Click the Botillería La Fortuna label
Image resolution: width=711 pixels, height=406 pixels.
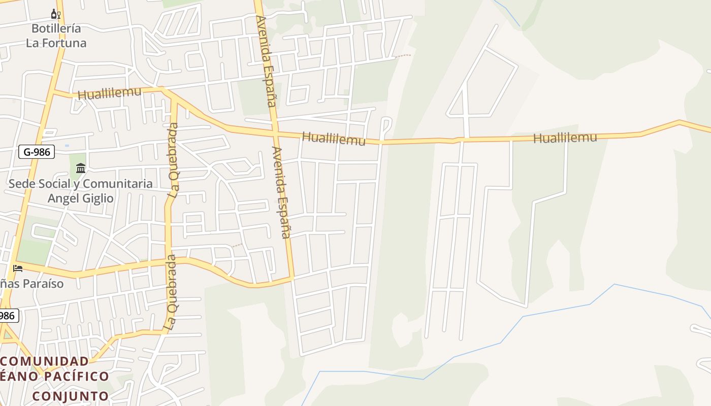tap(56, 36)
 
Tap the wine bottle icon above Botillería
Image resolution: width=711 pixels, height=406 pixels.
tap(55, 14)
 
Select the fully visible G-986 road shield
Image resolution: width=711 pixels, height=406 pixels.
tap(37, 151)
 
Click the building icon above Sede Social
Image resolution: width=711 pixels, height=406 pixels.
tap(81, 167)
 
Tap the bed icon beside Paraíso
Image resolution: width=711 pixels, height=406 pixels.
tap(18, 268)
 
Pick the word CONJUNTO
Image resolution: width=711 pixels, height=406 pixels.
tap(71, 396)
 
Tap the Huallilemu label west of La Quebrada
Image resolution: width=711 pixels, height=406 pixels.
tap(109, 93)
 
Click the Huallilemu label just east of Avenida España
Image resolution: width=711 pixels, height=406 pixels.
tap(334, 138)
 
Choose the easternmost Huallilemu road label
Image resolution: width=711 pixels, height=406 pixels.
tap(565, 137)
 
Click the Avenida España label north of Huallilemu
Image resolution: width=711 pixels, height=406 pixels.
tap(266, 61)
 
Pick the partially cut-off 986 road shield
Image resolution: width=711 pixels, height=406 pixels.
tap(8, 316)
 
